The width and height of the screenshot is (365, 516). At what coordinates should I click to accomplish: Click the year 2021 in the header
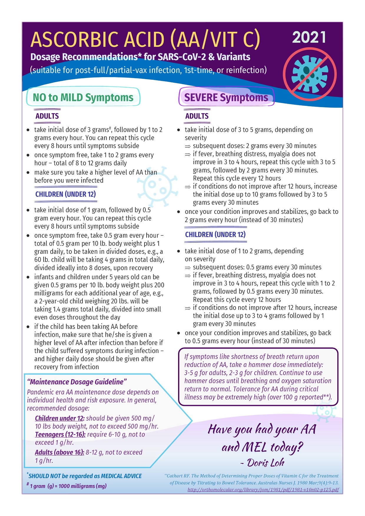click(309, 38)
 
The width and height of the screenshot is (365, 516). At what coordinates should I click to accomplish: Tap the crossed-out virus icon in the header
click(310, 74)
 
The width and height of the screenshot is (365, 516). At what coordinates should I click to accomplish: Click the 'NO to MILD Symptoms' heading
click(83, 97)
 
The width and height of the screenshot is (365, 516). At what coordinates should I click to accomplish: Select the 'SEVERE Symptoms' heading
click(226, 97)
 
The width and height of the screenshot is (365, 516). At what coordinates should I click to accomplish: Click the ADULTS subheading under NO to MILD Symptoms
click(47, 116)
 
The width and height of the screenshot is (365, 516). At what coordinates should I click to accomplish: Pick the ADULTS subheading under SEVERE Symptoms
click(197, 116)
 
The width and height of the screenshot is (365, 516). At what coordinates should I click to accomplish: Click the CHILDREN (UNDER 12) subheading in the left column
click(65, 194)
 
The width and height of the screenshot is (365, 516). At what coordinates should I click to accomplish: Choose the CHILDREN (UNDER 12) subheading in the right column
click(215, 234)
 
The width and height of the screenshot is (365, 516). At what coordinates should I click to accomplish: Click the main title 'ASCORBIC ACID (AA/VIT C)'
click(145, 40)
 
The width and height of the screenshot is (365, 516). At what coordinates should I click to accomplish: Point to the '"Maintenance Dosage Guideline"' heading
click(77, 382)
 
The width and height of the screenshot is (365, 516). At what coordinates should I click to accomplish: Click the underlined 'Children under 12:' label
click(60, 418)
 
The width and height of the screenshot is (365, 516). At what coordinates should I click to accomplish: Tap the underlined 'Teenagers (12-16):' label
click(60, 435)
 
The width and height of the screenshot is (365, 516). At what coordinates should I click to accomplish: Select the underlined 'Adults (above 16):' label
click(60, 452)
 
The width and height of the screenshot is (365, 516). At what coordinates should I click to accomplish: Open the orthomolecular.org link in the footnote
click(263, 490)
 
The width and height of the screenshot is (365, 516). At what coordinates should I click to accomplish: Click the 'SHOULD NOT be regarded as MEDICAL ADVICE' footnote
click(85, 476)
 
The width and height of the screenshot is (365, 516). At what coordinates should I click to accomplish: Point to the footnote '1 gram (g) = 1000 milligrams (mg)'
click(68, 486)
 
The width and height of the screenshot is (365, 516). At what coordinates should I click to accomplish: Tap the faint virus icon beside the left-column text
click(157, 186)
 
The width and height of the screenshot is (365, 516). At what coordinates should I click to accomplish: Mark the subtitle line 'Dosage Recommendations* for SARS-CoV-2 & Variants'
click(140, 57)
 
